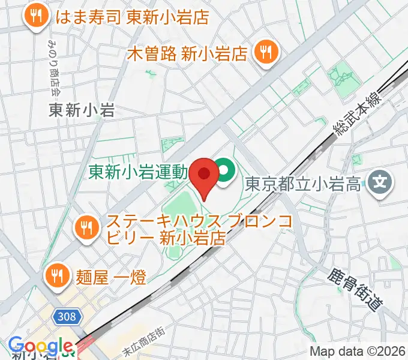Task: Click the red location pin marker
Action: click(x=204, y=174)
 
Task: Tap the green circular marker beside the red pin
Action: click(x=225, y=173)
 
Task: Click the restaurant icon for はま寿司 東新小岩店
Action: click(x=36, y=17)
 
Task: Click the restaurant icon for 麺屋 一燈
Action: click(x=57, y=275)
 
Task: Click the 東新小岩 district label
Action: click(x=82, y=110)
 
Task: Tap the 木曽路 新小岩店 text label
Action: click(x=188, y=53)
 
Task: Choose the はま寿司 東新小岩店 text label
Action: click(x=131, y=17)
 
